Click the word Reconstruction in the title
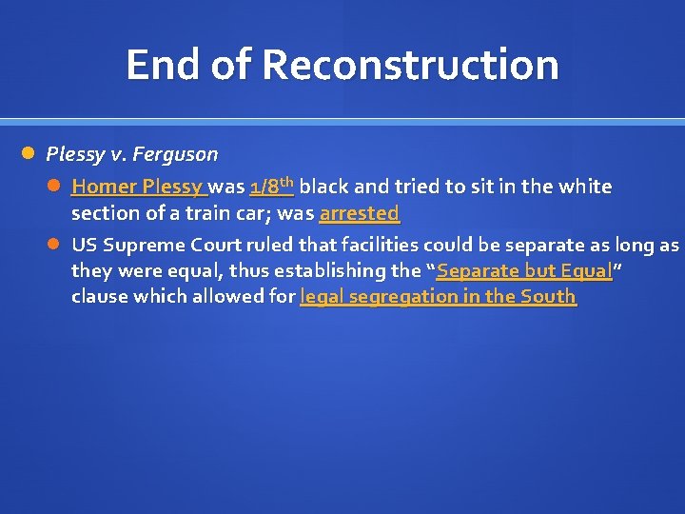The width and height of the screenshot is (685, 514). (x=410, y=65)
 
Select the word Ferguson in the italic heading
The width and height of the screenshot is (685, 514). (x=176, y=153)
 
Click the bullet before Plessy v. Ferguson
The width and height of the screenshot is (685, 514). (x=29, y=153)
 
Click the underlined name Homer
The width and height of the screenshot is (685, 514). (x=102, y=187)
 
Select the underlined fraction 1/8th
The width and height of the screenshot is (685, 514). (x=271, y=186)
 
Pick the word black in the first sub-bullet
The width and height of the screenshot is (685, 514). (x=323, y=187)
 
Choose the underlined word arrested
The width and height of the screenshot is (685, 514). (x=359, y=212)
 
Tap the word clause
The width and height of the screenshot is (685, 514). (x=99, y=296)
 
